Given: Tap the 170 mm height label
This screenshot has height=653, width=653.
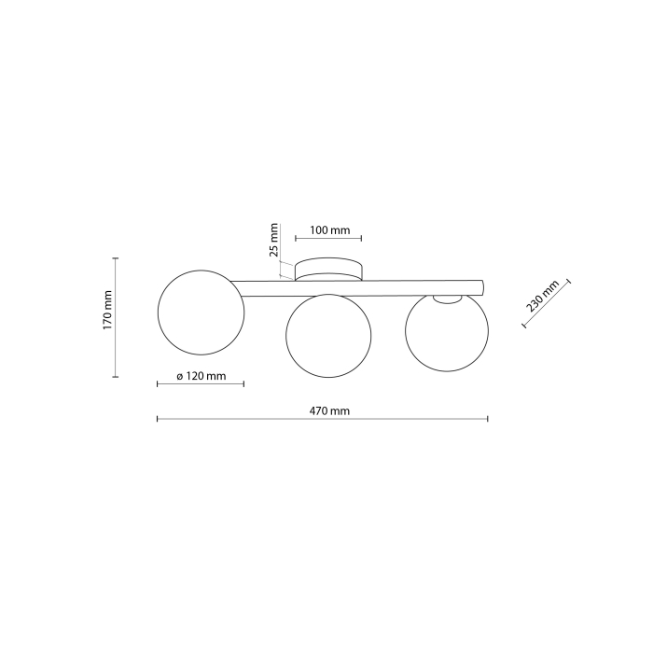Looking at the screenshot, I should [107, 311].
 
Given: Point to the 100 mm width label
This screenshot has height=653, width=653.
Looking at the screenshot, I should [329, 229].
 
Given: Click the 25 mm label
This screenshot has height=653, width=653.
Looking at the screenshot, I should [274, 240].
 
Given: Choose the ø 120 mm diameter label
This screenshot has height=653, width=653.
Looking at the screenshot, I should [201, 376].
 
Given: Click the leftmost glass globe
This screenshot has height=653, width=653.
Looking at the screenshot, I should [201, 312].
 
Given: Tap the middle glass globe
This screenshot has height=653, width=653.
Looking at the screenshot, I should [328, 336].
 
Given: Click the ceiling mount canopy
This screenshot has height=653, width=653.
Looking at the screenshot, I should [328, 271].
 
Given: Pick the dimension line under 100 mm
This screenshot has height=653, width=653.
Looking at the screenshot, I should [328, 239].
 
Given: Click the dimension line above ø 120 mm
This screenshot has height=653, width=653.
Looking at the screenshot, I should [201, 384].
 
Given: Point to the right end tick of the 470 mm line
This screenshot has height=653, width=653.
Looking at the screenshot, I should [487, 420].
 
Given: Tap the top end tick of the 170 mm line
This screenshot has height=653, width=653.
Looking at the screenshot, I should [116, 258].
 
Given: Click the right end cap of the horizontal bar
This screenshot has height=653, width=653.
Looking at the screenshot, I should [481, 286].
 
